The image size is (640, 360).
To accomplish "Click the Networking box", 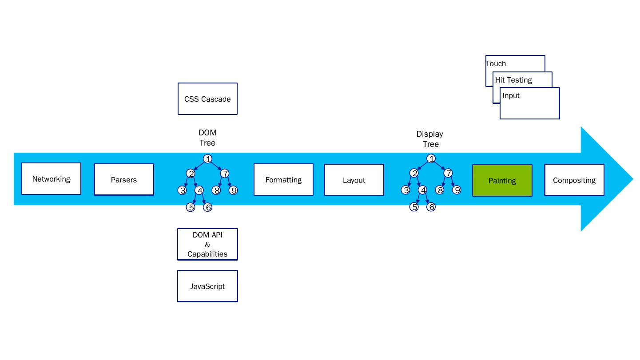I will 51,179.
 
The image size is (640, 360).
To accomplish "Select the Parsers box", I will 124,180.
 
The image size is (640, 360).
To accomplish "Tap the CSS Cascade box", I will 207,99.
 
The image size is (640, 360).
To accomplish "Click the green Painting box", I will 502,181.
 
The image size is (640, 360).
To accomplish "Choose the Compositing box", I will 574,180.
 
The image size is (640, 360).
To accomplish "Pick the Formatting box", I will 283,180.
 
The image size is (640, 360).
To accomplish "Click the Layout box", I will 354,180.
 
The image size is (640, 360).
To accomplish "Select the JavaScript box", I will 207,286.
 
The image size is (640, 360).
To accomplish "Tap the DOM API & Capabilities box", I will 207,245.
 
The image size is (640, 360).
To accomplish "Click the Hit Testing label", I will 513,80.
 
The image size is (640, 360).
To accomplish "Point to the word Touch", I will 496,63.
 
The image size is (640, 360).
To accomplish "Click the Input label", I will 511,95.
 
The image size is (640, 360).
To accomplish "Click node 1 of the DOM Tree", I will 207,159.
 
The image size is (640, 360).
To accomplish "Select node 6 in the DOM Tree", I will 207,207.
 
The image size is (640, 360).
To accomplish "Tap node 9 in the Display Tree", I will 457,190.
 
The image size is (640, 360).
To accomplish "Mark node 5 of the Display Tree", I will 414,207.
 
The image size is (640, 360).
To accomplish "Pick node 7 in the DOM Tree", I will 225,173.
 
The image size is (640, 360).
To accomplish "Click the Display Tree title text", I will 430,139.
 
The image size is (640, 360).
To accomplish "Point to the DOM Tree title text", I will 207,138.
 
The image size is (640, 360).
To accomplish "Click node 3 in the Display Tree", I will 405,190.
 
